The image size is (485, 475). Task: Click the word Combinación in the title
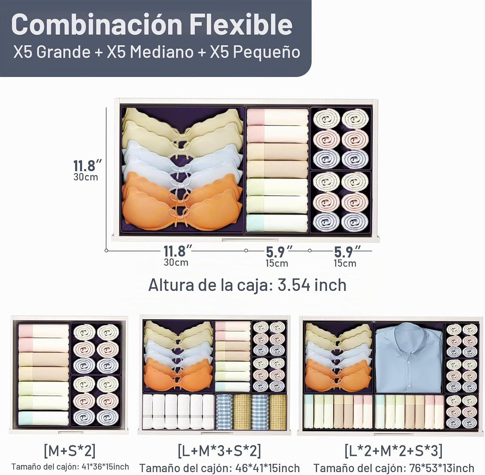(x=97, y=24)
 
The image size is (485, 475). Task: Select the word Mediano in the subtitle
(x=162, y=52)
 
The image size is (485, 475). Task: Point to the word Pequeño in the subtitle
(x=266, y=53)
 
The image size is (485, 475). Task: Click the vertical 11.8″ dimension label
(x=87, y=165)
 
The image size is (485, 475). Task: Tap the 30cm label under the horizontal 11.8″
(x=176, y=263)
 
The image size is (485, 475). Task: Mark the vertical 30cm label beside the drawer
(x=86, y=177)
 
